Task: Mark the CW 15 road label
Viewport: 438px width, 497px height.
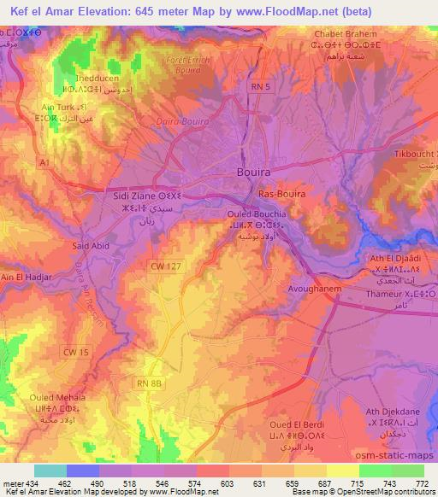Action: click(76, 351)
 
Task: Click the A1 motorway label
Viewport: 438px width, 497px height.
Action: click(44, 161)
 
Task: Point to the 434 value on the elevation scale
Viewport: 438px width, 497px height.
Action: click(27, 483)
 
